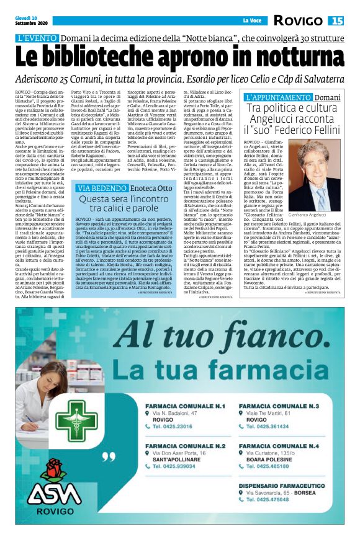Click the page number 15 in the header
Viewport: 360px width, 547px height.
click(x=337, y=21)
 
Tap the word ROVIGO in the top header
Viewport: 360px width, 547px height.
click(x=299, y=21)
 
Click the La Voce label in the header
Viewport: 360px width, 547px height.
click(x=251, y=22)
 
